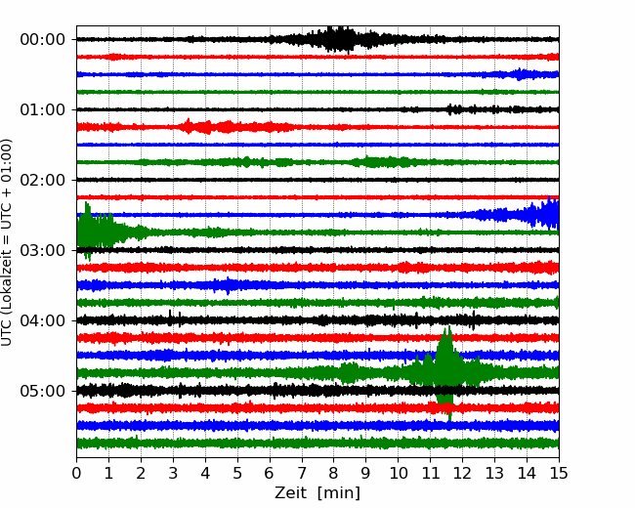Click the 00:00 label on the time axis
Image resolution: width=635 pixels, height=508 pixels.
coord(42,40)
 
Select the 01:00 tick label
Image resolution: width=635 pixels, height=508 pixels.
coord(42,109)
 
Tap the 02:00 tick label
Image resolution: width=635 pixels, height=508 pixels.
coord(42,181)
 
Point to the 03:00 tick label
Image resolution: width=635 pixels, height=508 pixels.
coord(42,250)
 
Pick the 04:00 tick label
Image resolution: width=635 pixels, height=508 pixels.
coord(42,320)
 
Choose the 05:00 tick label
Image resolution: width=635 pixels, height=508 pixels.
coord(42,392)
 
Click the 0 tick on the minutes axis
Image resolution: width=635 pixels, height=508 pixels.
coord(76,473)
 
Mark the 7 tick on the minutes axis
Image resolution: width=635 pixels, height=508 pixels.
coord(302,473)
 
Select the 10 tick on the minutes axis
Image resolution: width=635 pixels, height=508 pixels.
coord(398,473)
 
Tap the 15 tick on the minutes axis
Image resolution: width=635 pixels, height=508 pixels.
coord(559,473)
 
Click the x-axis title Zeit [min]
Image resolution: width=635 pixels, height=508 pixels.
coord(317,493)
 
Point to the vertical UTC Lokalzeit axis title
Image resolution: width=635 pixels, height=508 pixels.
coord(6,242)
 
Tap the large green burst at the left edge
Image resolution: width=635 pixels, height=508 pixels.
coord(95,232)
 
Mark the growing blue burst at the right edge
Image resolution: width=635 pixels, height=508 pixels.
coord(527,214)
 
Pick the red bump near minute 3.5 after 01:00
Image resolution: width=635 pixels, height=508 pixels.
coord(188,127)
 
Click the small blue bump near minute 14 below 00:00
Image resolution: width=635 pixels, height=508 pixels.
coord(520,74)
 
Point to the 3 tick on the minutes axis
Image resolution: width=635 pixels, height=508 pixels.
coord(173,473)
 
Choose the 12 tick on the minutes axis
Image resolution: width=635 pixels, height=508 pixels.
coord(462,473)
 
